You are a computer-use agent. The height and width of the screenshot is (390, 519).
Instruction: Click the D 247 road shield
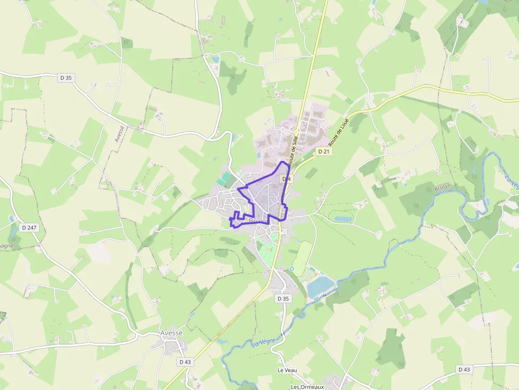coord(29,228)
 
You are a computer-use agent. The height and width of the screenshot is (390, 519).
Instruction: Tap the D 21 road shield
coord(324,151)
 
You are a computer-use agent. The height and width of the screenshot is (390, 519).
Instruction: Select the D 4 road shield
coord(287,179)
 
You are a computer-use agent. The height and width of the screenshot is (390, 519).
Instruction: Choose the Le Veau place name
coord(287,370)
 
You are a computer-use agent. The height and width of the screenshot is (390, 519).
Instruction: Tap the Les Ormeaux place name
coord(307,387)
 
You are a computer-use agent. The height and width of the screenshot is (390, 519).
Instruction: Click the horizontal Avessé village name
coord(171,333)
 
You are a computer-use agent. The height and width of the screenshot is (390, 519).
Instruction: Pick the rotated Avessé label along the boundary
coord(120,134)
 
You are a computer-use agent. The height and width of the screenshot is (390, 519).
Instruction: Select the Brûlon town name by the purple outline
coord(257,221)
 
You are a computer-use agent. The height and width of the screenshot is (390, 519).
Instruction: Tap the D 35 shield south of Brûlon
coord(283,298)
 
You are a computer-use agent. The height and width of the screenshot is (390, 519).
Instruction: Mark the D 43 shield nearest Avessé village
coord(184,362)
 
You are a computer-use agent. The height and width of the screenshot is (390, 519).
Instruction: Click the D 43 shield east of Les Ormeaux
coord(464,369)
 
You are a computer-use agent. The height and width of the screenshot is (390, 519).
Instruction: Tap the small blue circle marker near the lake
coord(291,269)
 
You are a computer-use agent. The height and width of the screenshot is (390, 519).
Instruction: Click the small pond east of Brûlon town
coord(343,219)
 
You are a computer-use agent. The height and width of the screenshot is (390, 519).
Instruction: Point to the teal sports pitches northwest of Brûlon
coord(225,178)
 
